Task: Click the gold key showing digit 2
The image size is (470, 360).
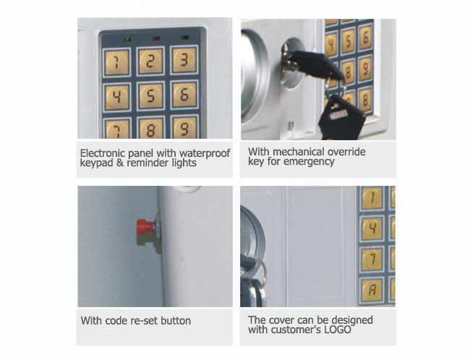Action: [150, 61]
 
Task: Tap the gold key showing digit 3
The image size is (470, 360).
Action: [184, 60]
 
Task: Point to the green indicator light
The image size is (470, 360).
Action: [127, 39]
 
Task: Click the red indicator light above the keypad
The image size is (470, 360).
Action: [156, 38]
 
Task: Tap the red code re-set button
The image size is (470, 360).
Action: [145, 227]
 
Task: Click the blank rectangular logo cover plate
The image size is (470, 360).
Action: [314, 246]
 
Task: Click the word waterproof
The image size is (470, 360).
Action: [205, 153]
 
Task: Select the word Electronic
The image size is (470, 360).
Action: [103, 153]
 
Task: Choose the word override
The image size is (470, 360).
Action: [346, 152]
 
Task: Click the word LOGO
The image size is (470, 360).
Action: [337, 330]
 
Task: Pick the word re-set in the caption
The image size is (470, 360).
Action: [145, 321]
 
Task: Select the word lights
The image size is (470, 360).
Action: [184, 163]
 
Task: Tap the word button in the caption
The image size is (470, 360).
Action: [176, 320]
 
